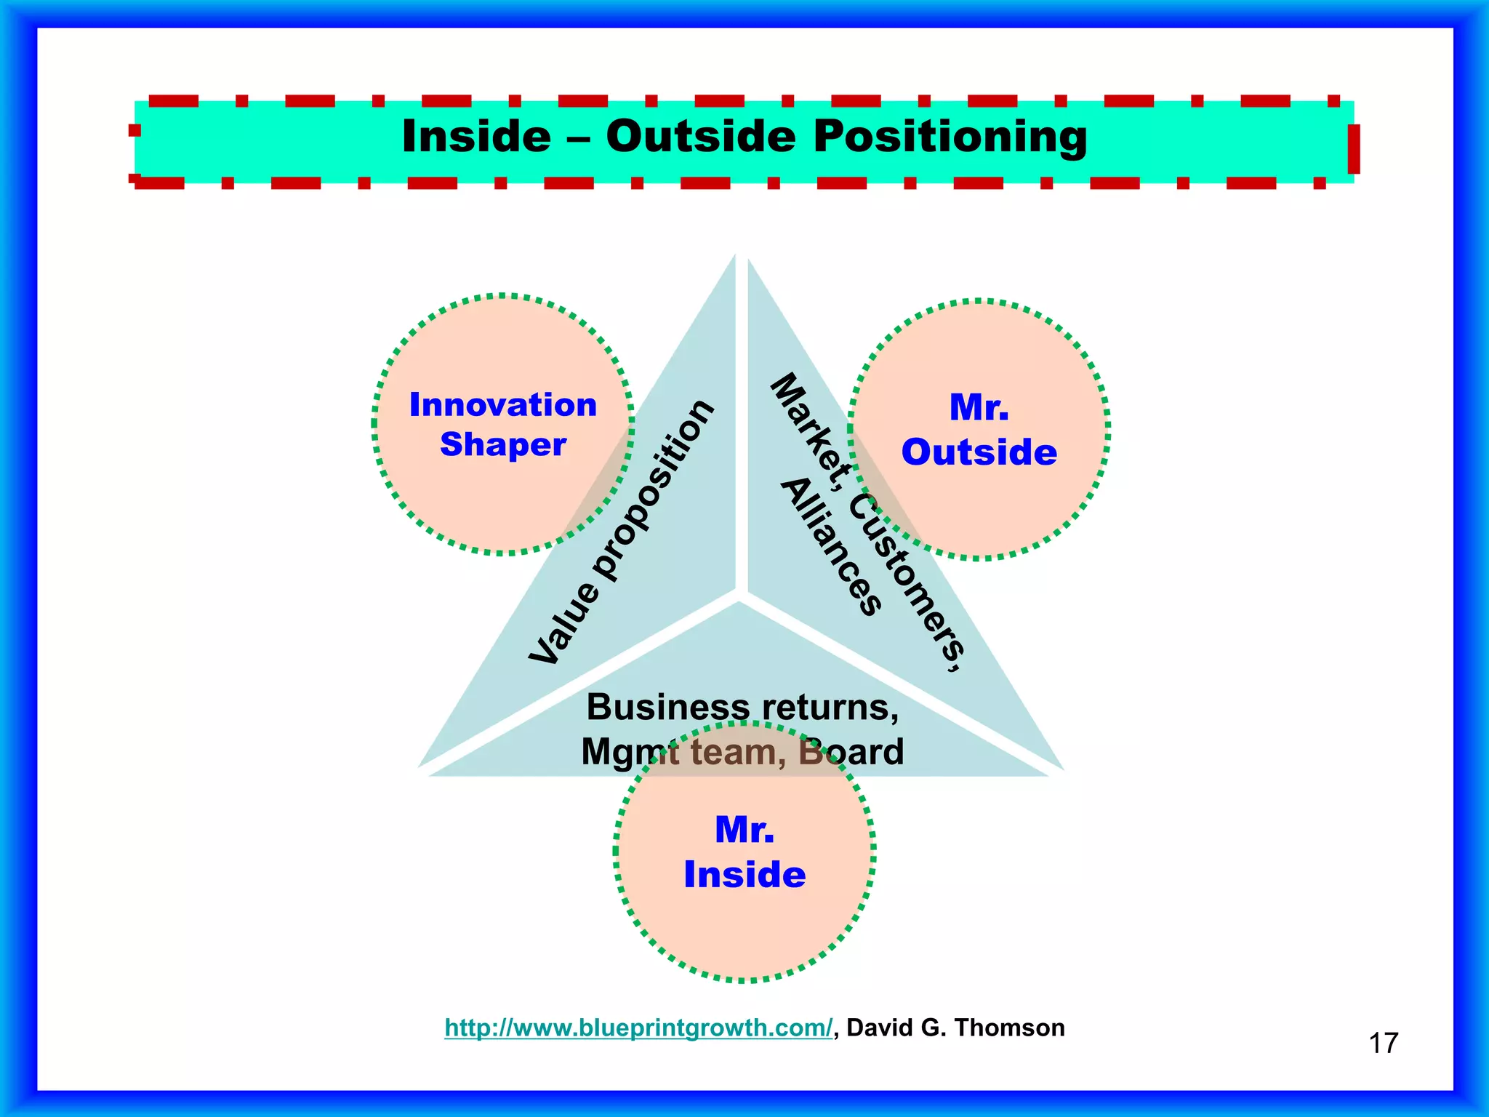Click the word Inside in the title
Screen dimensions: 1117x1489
click(476, 136)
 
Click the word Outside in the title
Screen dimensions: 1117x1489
click(701, 136)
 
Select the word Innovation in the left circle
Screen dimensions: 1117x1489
click(503, 405)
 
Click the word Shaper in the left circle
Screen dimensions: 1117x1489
click(503, 444)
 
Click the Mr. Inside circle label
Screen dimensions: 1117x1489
click(744, 852)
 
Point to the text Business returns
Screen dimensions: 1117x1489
click(742, 707)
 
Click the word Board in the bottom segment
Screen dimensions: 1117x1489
click(851, 752)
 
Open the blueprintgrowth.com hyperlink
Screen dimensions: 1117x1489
click(638, 1028)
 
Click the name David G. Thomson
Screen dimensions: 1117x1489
click(955, 1028)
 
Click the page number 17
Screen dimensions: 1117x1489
click(1383, 1043)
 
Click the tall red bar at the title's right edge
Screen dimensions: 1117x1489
click(1353, 149)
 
